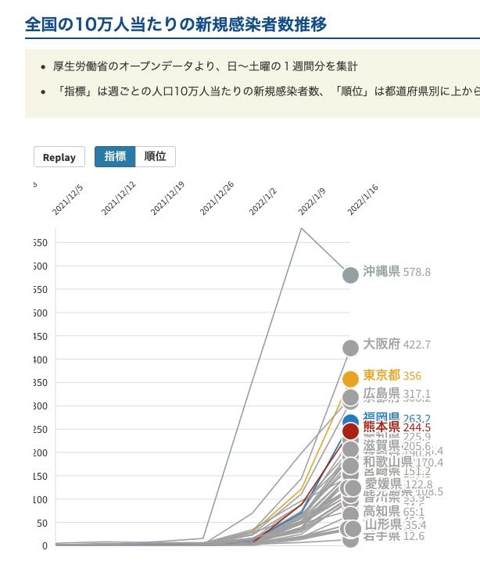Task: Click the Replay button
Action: [x=59, y=157]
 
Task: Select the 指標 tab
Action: [x=115, y=156]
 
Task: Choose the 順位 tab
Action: [x=156, y=156]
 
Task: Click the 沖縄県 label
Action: [x=381, y=272]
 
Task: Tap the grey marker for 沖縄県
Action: [x=351, y=275]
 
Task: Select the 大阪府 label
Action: [x=381, y=344]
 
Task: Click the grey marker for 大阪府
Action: [x=351, y=348]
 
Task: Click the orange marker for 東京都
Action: [x=351, y=379]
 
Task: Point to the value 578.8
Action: [x=417, y=273]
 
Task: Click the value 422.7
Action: [x=417, y=345]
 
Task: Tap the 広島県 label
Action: [x=381, y=394]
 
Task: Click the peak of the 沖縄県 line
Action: [x=302, y=228]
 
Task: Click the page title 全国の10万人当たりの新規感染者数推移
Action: [x=176, y=24]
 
